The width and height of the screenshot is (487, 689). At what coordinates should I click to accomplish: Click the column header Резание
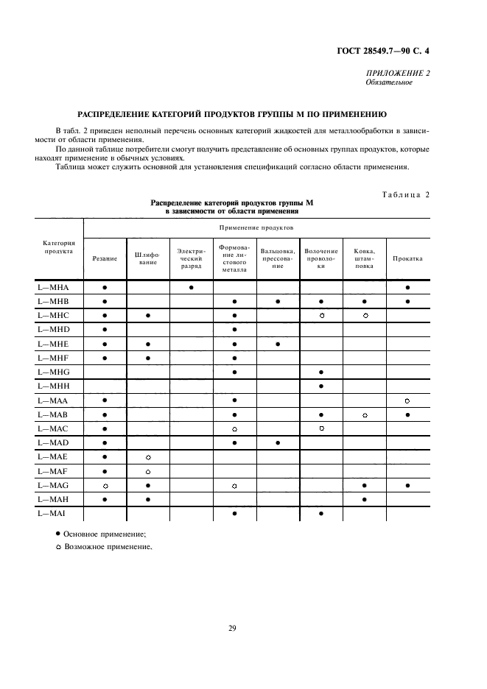(105, 259)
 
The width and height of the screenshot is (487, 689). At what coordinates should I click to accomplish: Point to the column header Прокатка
(407, 259)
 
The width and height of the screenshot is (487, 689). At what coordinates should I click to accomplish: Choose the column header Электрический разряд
(191, 258)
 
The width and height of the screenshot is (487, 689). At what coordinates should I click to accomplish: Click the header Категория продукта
(58, 246)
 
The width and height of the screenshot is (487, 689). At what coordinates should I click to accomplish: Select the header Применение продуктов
(256, 229)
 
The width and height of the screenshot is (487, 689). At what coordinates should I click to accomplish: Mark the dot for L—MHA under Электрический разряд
(192, 287)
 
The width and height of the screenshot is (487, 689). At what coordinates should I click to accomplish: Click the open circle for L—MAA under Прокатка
(407, 400)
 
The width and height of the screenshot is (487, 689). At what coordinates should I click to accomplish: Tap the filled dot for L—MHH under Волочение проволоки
(321, 386)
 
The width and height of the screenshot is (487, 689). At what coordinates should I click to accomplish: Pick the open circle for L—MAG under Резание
(105, 486)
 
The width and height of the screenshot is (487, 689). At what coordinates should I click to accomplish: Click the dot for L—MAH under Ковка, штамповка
(365, 500)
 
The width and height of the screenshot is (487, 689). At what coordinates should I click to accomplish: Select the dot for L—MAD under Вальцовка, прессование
(278, 443)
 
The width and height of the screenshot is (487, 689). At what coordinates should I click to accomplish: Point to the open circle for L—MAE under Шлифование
(148, 457)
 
